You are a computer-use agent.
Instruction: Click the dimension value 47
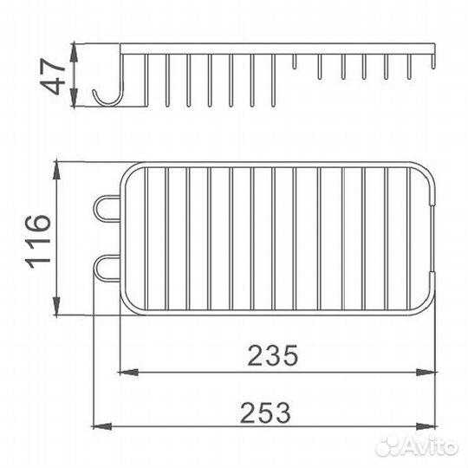click(x=53, y=76)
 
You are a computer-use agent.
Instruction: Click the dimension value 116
click(x=38, y=241)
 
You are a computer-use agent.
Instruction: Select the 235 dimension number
click(x=273, y=355)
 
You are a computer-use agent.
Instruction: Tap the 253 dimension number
click(x=265, y=413)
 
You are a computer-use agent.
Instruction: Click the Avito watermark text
click(x=417, y=447)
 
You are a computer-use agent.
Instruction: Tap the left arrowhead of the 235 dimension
click(x=128, y=372)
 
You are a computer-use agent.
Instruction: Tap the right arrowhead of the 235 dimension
click(x=426, y=372)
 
